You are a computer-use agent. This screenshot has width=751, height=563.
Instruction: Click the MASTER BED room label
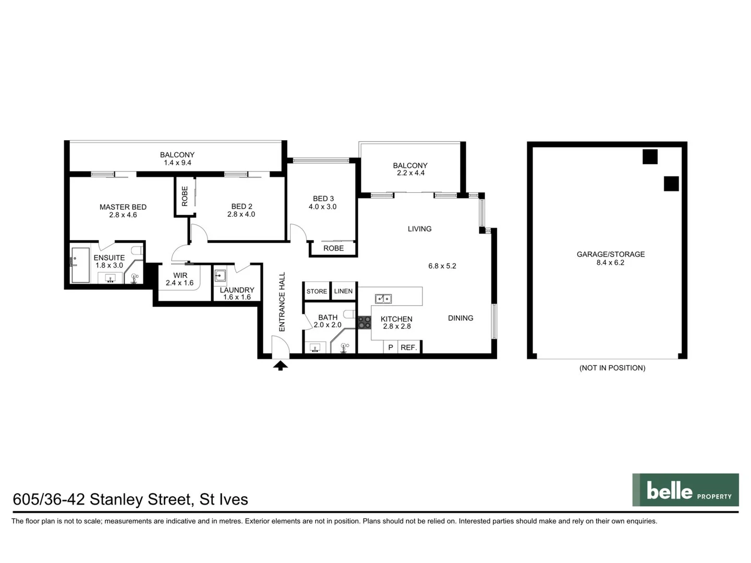pos(123,207)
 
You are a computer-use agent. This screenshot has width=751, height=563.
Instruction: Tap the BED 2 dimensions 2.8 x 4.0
pos(241,214)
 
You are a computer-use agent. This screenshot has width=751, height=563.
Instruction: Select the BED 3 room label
pos(323,199)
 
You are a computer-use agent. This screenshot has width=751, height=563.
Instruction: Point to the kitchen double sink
pos(383,299)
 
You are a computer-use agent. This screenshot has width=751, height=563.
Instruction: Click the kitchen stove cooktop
pos(364,322)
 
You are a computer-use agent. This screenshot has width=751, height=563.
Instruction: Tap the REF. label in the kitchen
pos(409,347)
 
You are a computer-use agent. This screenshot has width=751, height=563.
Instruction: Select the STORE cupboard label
pos(317,291)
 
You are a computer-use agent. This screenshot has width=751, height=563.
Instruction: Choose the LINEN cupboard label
pos(343,291)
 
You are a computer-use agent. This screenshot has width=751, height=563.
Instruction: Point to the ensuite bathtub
pos(80,265)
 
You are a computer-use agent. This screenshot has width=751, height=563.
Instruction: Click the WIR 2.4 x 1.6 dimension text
pos(179,283)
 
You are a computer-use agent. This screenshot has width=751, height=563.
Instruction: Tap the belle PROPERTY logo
pos(685,490)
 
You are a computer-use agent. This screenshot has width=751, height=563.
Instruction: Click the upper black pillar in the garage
pos(650,156)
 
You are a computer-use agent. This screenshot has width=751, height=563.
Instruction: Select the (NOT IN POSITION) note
pos(612,368)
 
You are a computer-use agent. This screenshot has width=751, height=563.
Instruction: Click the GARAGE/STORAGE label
pos(611,254)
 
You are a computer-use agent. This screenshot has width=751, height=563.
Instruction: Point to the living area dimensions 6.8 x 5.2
pos(442,266)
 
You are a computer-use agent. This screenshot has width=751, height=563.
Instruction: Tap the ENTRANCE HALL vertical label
pos(282,302)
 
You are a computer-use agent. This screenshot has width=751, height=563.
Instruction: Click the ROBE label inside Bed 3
pos(334,248)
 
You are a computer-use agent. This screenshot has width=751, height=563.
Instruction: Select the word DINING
pos(461,318)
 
